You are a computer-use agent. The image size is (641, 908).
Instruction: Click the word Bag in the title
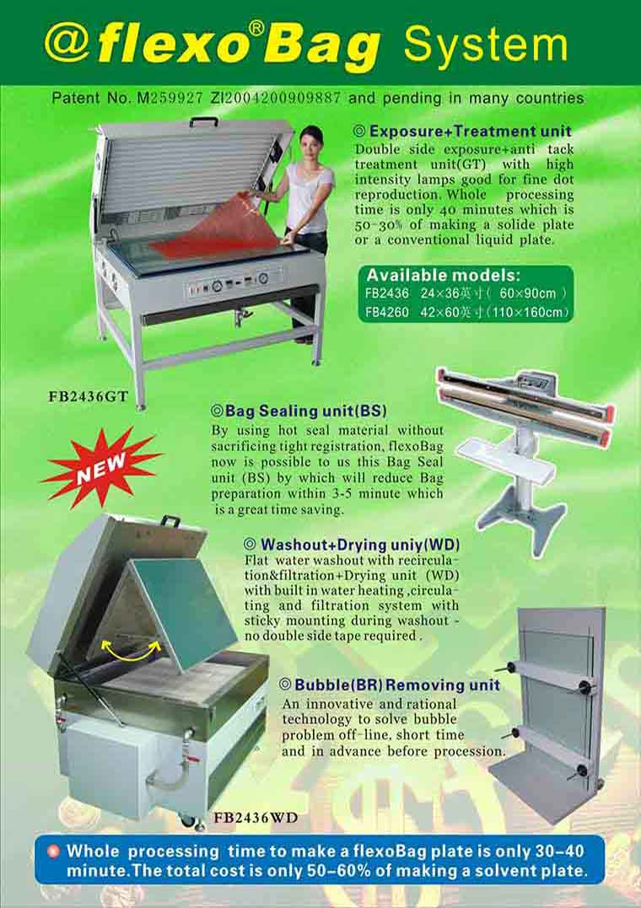click(x=321, y=47)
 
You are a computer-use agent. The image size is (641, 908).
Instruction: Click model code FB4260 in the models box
click(x=387, y=312)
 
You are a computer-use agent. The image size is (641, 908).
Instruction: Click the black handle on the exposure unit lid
click(x=204, y=122)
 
